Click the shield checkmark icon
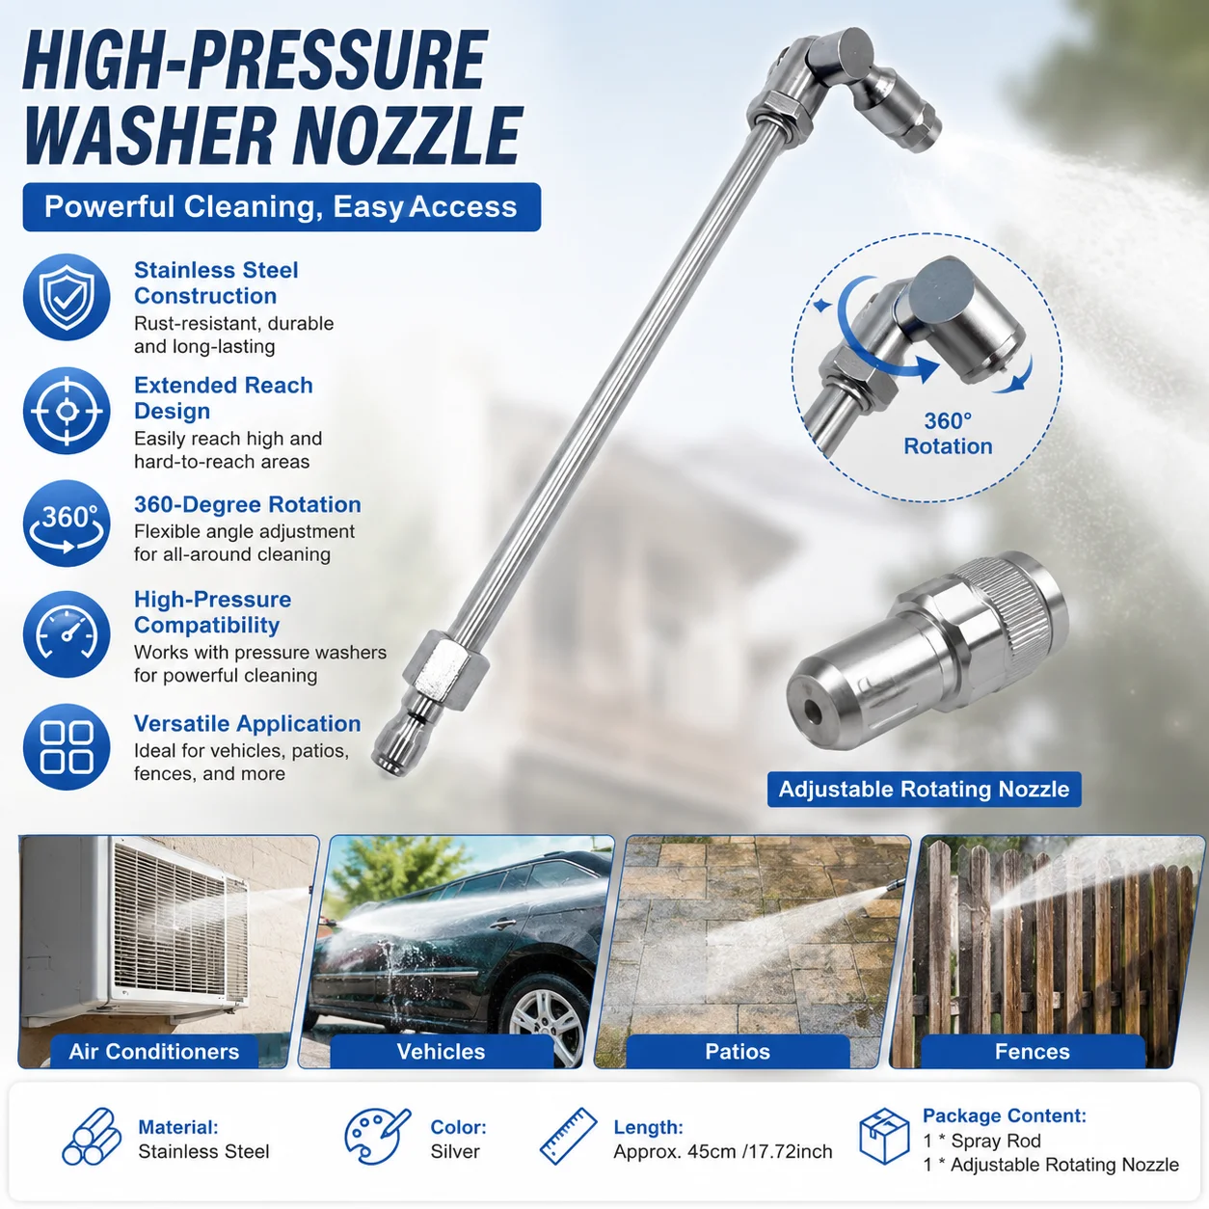pyautogui.click(x=67, y=297)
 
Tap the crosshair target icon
pyautogui.click(x=67, y=411)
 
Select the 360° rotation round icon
pyautogui.click(x=67, y=524)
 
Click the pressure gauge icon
pyautogui.click(x=67, y=634)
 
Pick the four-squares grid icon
pyautogui.click(x=67, y=746)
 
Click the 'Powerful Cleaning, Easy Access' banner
pyautogui.click(x=282, y=207)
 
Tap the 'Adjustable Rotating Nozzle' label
pyautogui.click(x=925, y=790)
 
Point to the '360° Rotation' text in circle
pyautogui.click(x=948, y=434)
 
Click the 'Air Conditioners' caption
pyautogui.click(x=154, y=1052)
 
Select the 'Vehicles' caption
pyautogui.click(x=441, y=1052)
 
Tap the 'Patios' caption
pyautogui.click(x=738, y=1052)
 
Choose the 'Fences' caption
pyautogui.click(x=1032, y=1052)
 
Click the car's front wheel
pyautogui.click(x=547, y=1021)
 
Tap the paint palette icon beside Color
pyautogui.click(x=377, y=1137)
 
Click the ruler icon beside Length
pyautogui.click(x=569, y=1137)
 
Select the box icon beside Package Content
pyautogui.click(x=885, y=1137)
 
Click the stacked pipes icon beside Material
pyautogui.click(x=92, y=1137)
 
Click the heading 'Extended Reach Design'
pyautogui.click(x=224, y=398)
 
